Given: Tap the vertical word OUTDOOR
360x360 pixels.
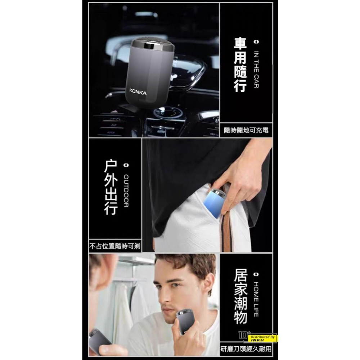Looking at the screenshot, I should coord(126,191).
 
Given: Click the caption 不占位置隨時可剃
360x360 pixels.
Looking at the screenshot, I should coord(114,247).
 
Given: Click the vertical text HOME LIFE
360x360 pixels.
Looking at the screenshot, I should coord(256,299).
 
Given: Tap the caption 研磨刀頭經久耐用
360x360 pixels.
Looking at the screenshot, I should coord(246,349).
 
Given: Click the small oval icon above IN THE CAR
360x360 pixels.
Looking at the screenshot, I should coord(256,42).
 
